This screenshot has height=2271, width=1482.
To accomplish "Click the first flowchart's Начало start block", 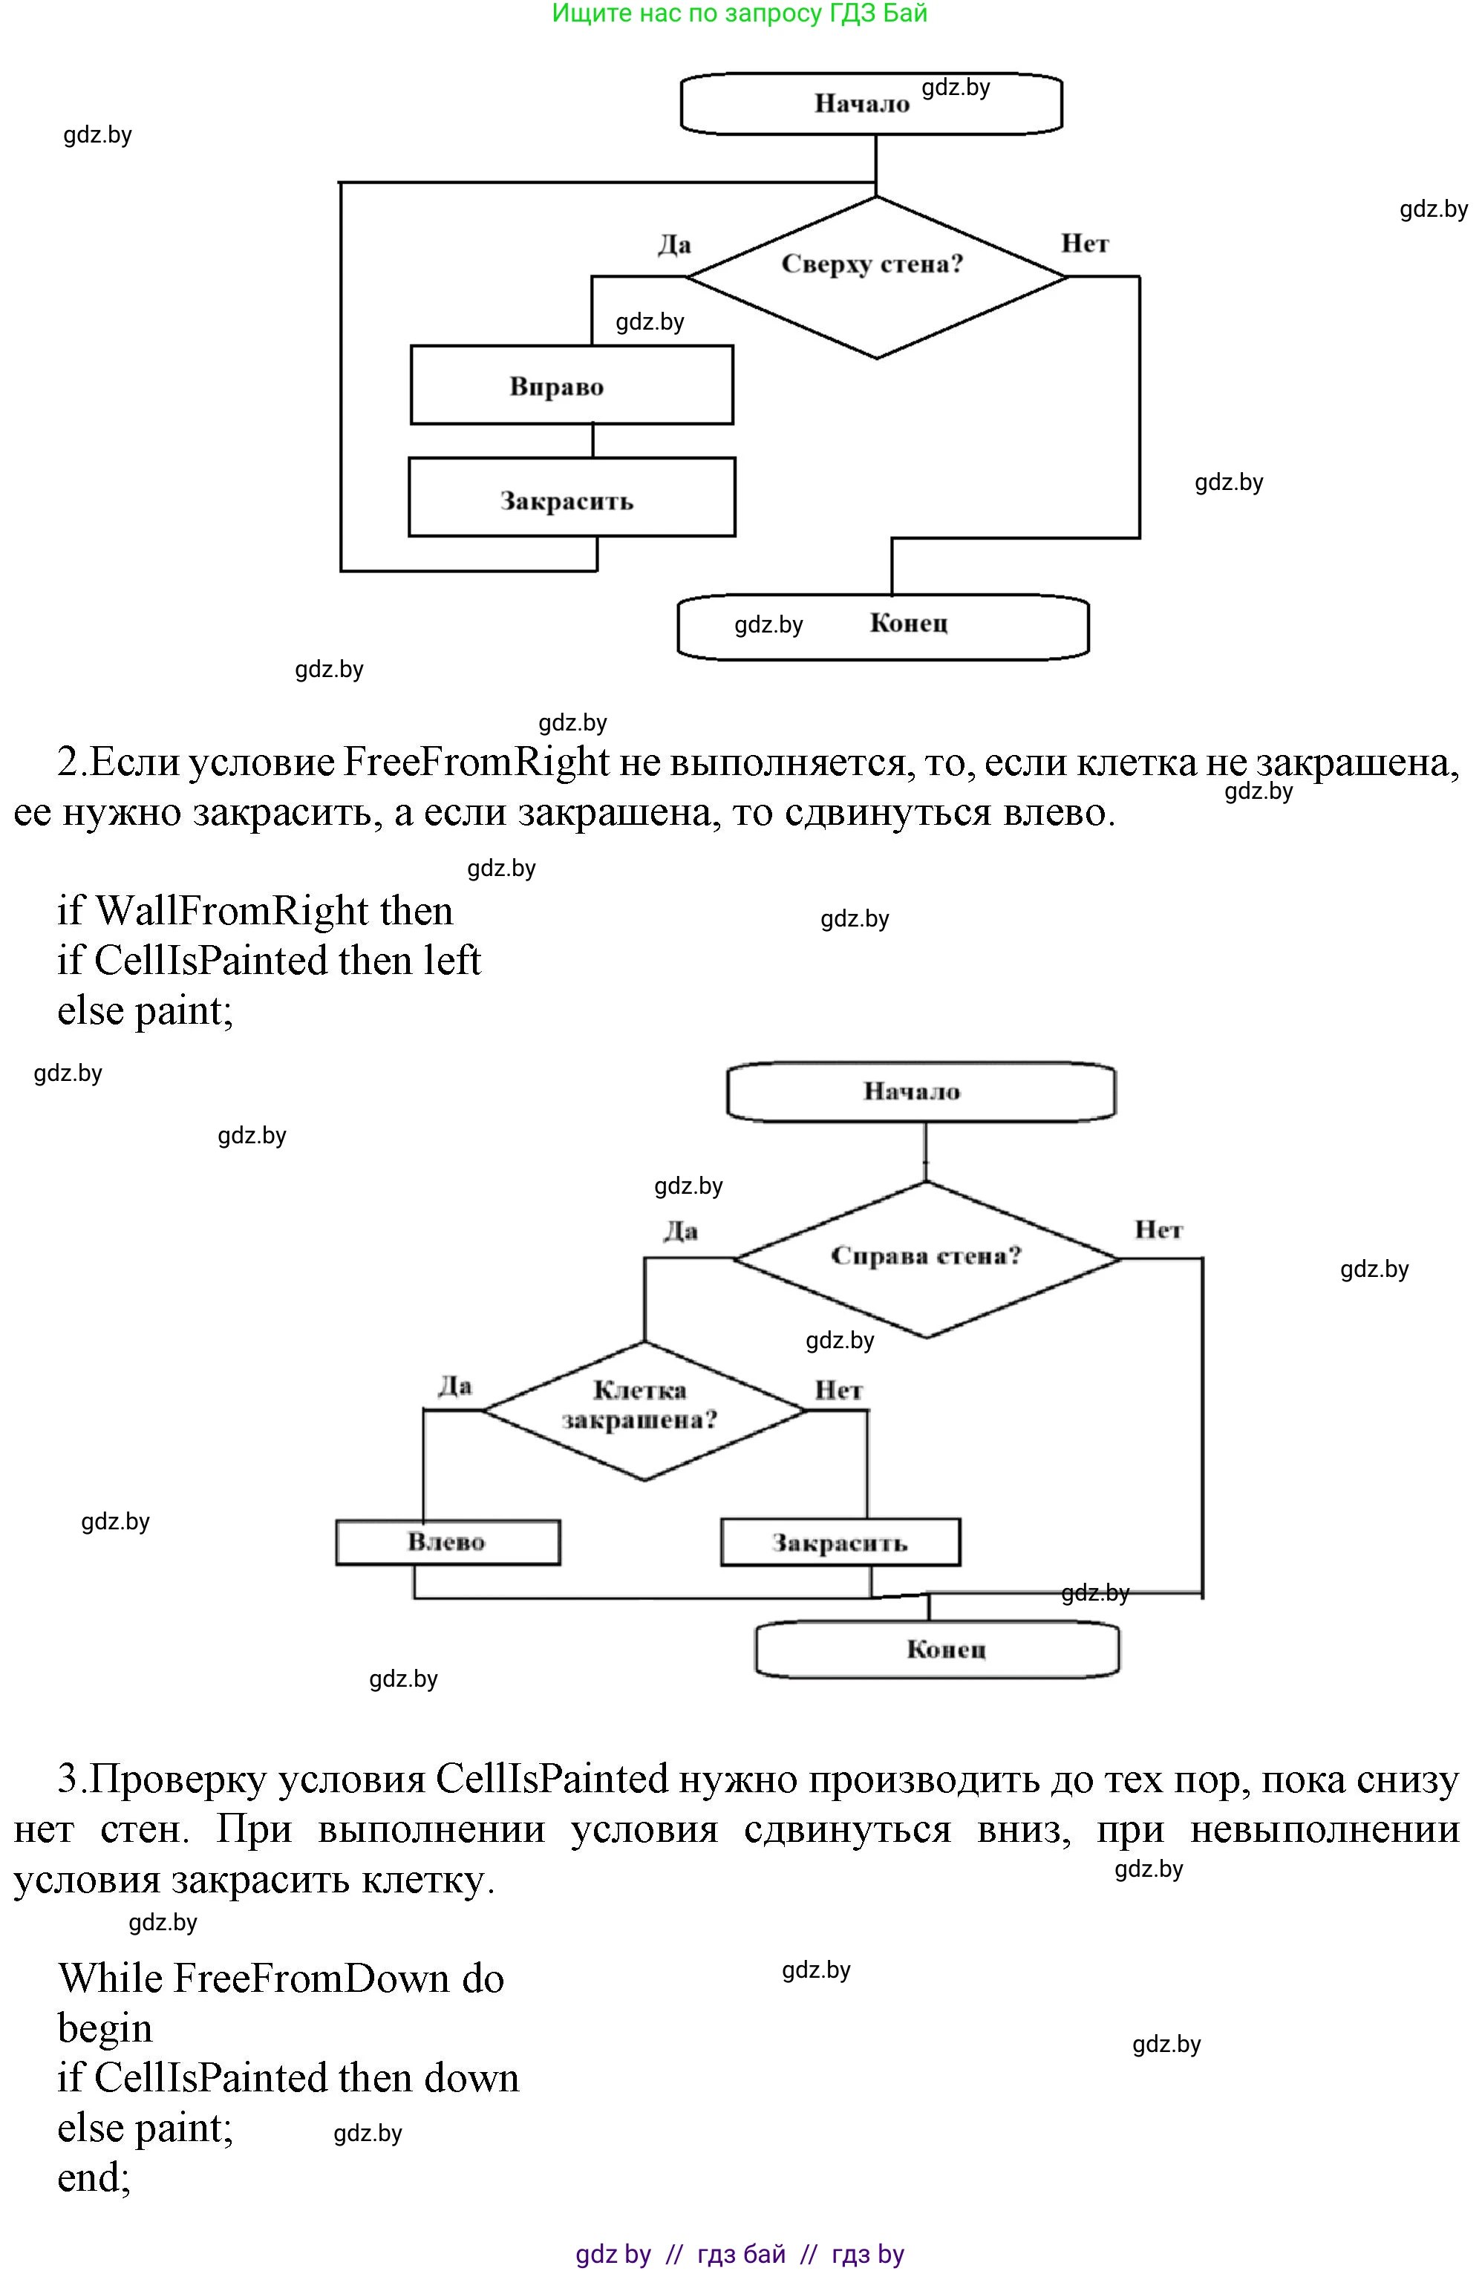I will pyautogui.click(x=870, y=103).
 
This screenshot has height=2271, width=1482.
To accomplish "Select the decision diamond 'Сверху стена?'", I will pyautogui.click(x=876, y=277).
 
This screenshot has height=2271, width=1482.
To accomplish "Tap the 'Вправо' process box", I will pyautogui.click(x=572, y=385).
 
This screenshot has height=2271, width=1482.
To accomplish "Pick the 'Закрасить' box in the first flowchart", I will pyautogui.click(x=572, y=498).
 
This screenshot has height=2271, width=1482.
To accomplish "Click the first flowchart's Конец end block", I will pyautogui.click(x=883, y=626).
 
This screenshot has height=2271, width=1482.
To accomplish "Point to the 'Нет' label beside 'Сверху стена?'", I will pyautogui.click(x=1085, y=244).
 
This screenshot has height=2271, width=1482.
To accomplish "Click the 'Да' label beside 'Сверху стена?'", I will pyautogui.click(x=673, y=245).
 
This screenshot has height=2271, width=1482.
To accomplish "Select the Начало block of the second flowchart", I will pyautogui.click(x=920, y=1091).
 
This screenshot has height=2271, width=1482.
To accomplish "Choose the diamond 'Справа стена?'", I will pyautogui.click(x=926, y=1258).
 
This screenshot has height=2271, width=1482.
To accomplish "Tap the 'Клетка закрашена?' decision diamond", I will pyautogui.click(x=644, y=1411).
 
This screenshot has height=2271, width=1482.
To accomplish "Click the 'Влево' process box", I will pyautogui.click(x=448, y=1542).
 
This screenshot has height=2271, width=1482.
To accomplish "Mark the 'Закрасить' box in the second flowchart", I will pyautogui.click(x=840, y=1543).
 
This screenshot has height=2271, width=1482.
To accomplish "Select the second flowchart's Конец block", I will pyautogui.click(x=936, y=1649).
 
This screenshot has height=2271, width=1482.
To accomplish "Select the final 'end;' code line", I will pyautogui.click(x=94, y=2177).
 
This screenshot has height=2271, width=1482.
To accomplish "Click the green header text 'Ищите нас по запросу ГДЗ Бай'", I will pyautogui.click(x=740, y=13).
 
